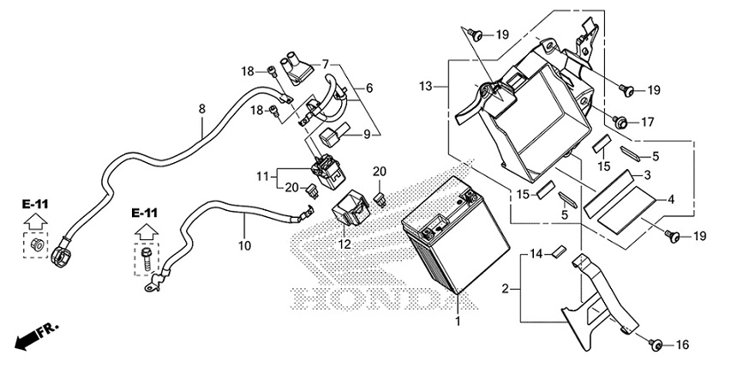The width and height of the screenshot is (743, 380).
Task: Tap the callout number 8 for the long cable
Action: coord(202,109)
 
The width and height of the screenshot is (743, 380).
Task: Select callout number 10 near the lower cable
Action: coord(244,245)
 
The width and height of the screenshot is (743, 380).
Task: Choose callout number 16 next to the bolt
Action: coord(681,345)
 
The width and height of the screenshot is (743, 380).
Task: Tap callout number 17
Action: coord(646,122)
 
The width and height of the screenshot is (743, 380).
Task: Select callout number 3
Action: coord(648,175)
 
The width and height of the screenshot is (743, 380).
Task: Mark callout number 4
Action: coord(672,199)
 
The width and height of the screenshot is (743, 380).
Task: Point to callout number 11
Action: coord(263,176)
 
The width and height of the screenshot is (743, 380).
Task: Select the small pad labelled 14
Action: coord(556,252)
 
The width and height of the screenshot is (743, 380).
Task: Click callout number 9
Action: coord(367,134)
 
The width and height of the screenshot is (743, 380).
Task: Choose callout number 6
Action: coord(369,88)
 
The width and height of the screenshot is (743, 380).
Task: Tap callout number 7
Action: coord(327,63)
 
